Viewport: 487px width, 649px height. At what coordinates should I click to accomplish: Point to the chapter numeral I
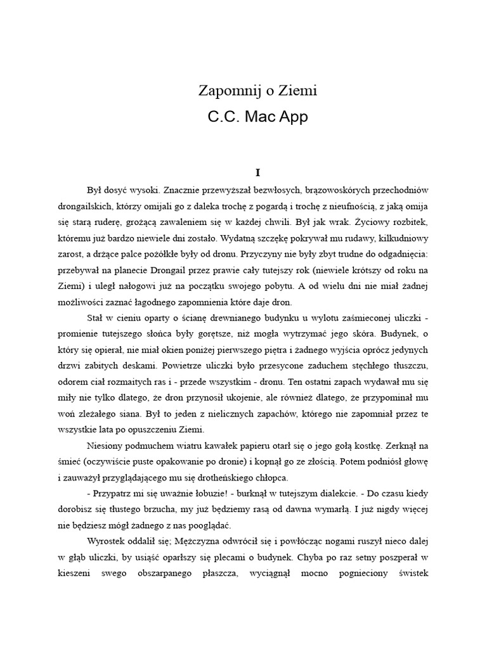point(257,172)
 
